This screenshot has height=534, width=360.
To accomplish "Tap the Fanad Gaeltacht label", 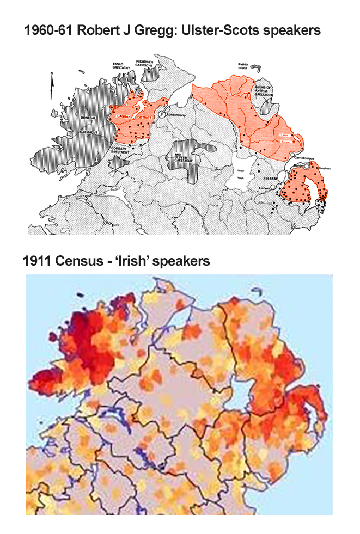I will coord(120,66).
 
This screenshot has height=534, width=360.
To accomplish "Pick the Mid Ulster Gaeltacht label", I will coord(182,157).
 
